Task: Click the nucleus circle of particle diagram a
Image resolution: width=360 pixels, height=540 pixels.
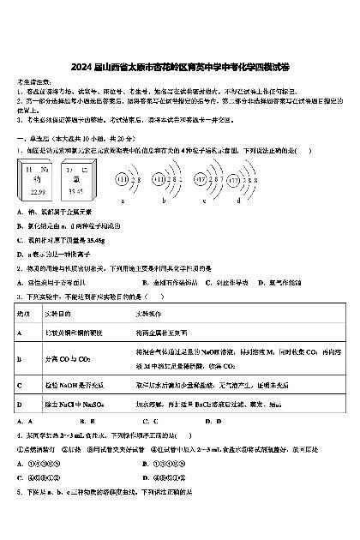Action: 123,180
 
